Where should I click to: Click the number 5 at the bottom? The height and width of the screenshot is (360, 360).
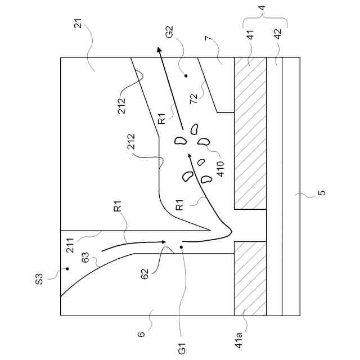point(321,194)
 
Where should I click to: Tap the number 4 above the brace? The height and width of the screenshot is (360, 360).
point(265,10)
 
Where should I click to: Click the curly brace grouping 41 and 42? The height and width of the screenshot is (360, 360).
point(265,23)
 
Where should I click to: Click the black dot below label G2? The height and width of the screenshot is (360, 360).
point(186,75)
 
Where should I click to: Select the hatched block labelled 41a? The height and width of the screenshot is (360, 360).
point(250,278)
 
